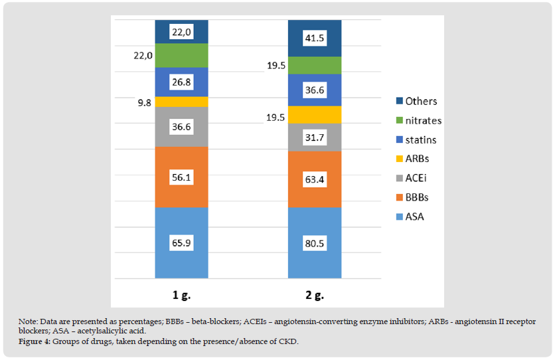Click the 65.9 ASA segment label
[x=181, y=243]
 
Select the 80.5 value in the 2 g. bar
[x=314, y=243]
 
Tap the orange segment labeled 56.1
[x=181, y=178]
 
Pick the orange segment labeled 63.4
[x=314, y=179]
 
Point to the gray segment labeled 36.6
[x=181, y=127]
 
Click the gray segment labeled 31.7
[x=314, y=137]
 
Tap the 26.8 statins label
[x=181, y=82]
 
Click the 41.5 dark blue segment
[x=314, y=39]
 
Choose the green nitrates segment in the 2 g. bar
[x=314, y=66]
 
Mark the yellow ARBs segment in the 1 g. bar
[x=181, y=102]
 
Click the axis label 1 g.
[x=181, y=293]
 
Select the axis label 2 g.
[x=314, y=293]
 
